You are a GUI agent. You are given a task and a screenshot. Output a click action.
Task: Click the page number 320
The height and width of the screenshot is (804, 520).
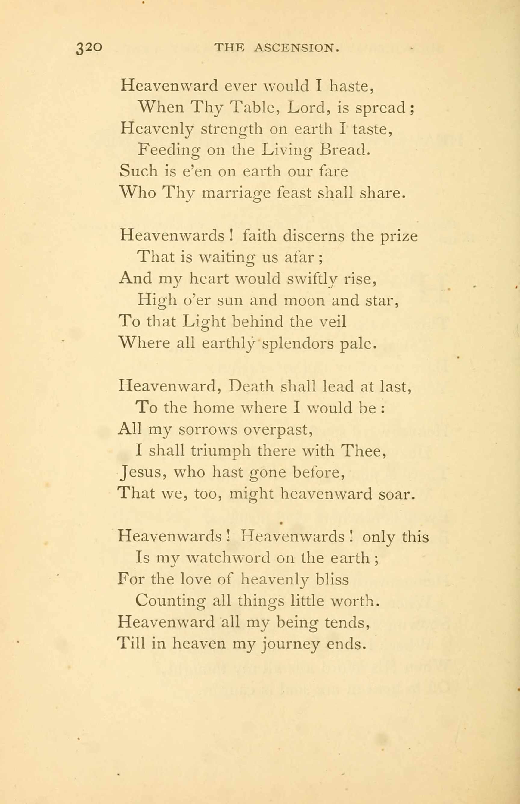click(89, 48)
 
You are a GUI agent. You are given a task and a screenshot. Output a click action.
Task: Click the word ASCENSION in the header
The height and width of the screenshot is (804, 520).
click(296, 48)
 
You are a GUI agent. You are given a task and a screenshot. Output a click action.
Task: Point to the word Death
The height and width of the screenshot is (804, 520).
click(251, 386)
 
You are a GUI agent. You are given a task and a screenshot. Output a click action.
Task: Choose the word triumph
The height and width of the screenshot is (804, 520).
click(221, 451)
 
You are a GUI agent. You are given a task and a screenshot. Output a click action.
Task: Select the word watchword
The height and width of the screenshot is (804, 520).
click(228, 558)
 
